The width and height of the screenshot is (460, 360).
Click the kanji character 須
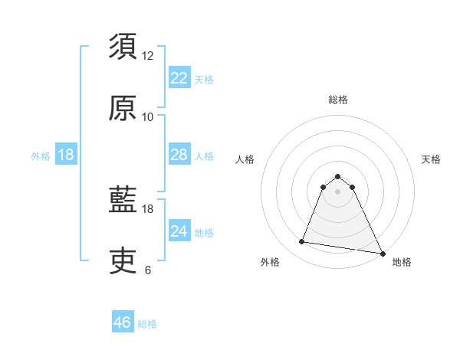pos(123,48)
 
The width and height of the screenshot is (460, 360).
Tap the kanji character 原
pos(123,109)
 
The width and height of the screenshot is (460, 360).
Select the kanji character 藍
pos(123,201)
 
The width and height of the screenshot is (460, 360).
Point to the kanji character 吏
pos(123,262)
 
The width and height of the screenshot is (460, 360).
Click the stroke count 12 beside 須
pos(148,56)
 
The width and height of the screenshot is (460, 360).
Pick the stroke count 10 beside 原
pos(148,116)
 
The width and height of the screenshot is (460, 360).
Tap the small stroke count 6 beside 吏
pos(148,270)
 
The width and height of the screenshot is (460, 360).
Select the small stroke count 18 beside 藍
pos(148,208)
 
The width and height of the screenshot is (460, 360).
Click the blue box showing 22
pos(179,78)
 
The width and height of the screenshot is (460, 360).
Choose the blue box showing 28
pos(179,155)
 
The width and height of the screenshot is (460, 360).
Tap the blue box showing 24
pos(179,231)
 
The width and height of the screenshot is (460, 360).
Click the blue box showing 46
pos(123,322)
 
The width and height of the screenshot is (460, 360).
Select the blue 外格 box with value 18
pos(66,155)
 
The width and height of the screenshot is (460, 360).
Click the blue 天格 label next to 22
pos(204,79)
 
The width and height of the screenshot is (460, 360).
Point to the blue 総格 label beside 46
pos(148,324)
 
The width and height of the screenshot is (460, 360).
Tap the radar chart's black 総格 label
pos(337,100)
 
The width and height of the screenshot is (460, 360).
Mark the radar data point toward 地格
pos(382,253)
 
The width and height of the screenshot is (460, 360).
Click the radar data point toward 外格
pos(302,242)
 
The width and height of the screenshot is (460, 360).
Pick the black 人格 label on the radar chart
pos(245,159)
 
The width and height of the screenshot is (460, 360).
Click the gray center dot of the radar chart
pos(337,191)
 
